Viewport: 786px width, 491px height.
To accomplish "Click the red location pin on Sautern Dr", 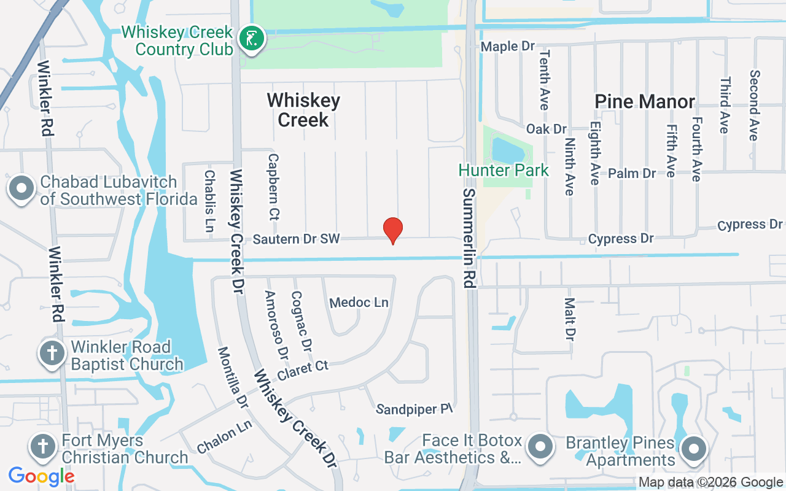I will [393, 230].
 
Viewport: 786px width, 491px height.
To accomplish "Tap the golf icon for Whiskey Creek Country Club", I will [251, 39].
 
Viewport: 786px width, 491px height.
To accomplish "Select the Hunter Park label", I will [504, 170].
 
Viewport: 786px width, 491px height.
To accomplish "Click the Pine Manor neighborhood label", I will [645, 101].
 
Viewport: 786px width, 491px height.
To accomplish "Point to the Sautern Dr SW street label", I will [296, 239].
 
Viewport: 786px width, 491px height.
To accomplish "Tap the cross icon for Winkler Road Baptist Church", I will [52, 354].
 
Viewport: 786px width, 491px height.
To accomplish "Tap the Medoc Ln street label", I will [359, 303].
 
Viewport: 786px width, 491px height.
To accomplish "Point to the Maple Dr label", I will [508, 47].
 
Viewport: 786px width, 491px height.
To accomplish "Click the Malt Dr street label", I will [570, 319].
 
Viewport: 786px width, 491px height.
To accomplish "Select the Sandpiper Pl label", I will [415, 409].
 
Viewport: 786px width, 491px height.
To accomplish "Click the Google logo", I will [41, 476].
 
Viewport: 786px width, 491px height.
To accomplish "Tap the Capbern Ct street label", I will [273, 187].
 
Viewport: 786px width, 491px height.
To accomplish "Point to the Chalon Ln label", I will [225, 440].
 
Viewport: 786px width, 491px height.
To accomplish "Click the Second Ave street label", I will [754, 105].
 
